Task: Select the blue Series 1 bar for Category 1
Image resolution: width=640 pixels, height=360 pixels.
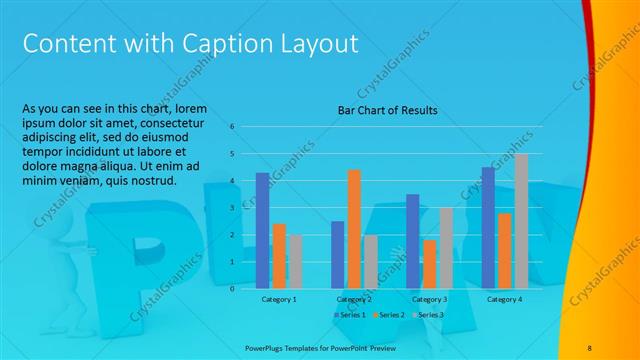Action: point(262,230)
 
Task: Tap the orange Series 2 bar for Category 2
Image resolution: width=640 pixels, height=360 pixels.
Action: point(354,229)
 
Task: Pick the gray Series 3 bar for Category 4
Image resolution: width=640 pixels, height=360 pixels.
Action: point(521,221)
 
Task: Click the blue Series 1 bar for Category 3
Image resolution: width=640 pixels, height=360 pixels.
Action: point(412,241)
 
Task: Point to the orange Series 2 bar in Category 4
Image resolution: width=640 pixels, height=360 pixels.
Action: point(504,250)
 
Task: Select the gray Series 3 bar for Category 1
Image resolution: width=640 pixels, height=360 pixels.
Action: point(295,261)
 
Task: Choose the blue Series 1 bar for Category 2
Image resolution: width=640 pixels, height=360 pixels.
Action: point(337,254)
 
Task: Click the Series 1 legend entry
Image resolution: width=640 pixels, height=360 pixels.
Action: point(350,315)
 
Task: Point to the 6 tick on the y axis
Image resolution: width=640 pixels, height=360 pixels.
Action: point(232,127)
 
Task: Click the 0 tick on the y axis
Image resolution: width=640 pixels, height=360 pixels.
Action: point(232,288)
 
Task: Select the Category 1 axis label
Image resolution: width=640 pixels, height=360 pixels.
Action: point(279,299)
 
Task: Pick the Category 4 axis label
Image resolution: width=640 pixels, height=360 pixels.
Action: point(504,299)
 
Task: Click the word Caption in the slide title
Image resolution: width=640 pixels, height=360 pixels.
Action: point(235,44)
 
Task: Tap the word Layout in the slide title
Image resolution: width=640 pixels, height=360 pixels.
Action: point(320,44)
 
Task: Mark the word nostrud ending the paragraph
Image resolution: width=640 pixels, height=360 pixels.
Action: point(154,181)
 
